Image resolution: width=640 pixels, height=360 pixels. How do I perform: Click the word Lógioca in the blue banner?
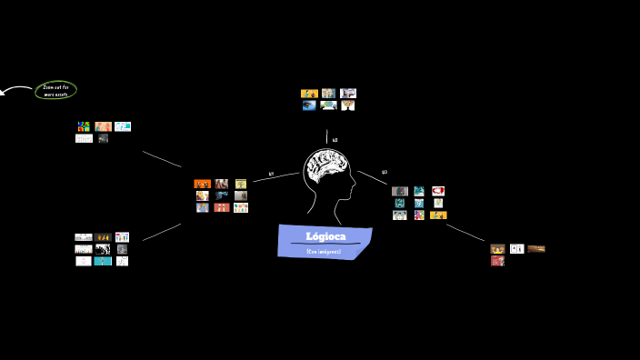click(325, 236)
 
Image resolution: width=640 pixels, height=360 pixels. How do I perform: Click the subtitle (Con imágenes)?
click(324, 251)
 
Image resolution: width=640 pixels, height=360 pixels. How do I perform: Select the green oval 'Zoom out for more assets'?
click(55, 90)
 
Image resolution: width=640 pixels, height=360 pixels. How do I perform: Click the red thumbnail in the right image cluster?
click(438, 191)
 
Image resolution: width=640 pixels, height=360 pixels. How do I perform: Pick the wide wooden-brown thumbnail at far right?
click(536, 248)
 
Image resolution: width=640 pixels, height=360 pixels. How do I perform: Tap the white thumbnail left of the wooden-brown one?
click(516, 248)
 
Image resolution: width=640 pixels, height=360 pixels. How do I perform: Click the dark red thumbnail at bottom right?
click(497, 261)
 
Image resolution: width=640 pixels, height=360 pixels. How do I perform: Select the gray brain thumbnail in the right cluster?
click(399, 191)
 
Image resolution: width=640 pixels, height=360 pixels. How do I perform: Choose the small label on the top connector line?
click(335, 140)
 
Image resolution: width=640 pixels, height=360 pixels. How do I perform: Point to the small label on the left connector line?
click(271, 174)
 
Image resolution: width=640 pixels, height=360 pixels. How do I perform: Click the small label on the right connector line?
click(384, 172)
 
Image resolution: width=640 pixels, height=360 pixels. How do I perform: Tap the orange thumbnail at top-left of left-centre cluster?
click(202, 184)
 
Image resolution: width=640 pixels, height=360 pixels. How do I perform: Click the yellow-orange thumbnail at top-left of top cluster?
click(309, 93)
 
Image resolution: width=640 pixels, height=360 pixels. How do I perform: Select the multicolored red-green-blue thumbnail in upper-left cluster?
click(84, 126)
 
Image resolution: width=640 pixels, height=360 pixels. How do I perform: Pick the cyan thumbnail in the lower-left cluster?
click(103, 261)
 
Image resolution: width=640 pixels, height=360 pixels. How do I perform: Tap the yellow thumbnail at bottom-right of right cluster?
click(438, 215)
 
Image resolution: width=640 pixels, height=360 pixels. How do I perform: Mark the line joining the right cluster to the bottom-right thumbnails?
click(465, 233)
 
